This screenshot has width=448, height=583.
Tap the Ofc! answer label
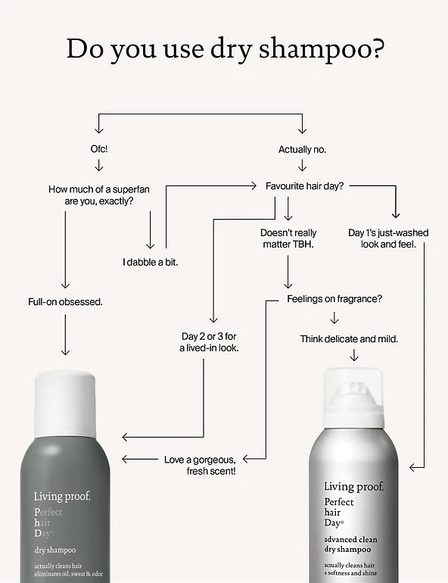click(x=100, y=150)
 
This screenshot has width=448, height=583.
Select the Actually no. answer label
click(x=302, y=150)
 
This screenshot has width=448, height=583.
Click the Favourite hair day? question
click(x=305, y=185)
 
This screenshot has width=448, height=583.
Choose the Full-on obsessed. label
click(x=65, y=302)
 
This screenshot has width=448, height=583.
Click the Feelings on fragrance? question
click(x=334, y=299)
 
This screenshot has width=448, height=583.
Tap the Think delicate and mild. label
click(x=349, y=338)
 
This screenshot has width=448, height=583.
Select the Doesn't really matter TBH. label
click(x=288, y=239)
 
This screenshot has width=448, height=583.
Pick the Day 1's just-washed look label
click(x=388, y=239)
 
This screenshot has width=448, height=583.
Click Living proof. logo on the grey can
click(x=61, y=497)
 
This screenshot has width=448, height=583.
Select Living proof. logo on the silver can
click(x=353, y=487)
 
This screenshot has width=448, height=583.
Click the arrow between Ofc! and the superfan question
click(x=100, y=166)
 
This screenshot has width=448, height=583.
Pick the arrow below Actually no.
click(x=302, y=166)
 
